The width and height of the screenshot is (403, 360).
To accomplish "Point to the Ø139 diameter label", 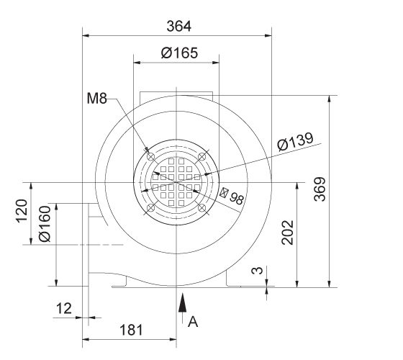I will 295,143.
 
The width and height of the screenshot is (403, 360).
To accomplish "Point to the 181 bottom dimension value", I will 130,330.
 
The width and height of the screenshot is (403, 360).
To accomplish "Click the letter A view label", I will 192,323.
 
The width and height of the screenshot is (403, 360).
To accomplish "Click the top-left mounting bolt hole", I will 150,155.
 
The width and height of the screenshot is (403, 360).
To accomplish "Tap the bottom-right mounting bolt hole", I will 203,208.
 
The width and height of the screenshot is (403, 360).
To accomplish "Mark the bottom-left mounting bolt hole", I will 150,208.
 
